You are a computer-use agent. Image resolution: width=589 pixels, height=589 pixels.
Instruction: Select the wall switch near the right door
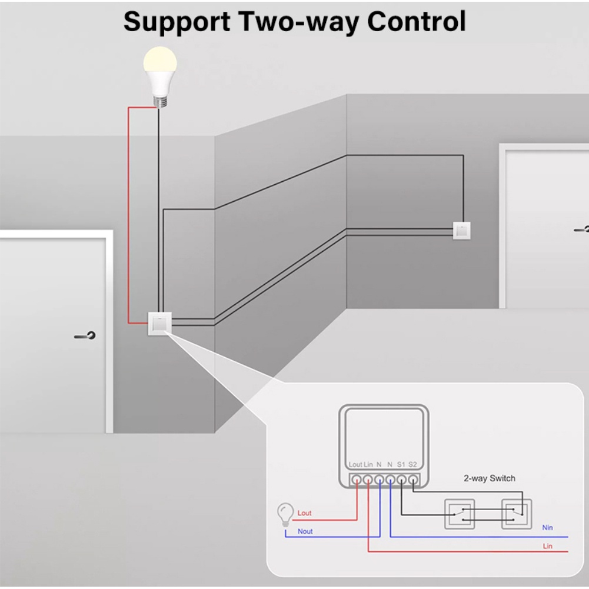click(461, 230)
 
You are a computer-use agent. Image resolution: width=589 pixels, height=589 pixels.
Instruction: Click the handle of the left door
click(86, 337)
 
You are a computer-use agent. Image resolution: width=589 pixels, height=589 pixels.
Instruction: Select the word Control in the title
click(416, 22)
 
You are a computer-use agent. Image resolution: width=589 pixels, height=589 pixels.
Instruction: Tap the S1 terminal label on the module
click(401, 465)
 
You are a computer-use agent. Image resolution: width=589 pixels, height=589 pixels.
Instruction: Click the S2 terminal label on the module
click(412, 465)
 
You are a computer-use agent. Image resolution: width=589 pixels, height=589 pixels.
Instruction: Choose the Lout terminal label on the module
click(355, 465)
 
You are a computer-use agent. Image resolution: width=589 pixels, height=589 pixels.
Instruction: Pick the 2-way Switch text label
click(489, 478)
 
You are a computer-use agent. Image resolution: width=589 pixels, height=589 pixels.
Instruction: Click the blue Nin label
click(547, 528)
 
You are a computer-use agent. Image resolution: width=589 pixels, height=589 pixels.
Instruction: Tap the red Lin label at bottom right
click(547, 547)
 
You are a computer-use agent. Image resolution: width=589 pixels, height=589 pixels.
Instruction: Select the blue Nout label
click(305, 531)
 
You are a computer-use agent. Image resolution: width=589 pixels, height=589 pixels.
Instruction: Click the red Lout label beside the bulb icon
click(304, 513)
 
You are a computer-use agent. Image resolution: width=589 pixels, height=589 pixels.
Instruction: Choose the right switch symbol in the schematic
click(516, 513)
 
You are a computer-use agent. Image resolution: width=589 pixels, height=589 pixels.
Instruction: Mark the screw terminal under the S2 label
click(413, 479)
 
